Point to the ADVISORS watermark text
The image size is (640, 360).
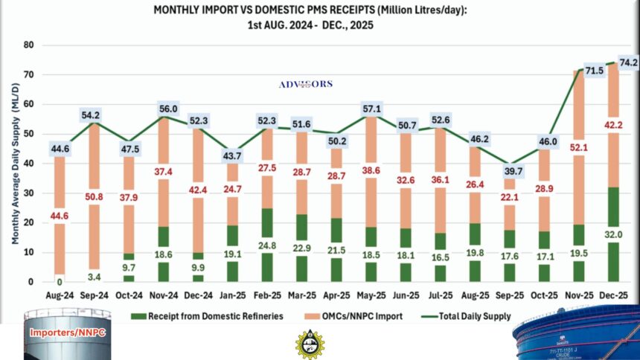coord(305,84)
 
